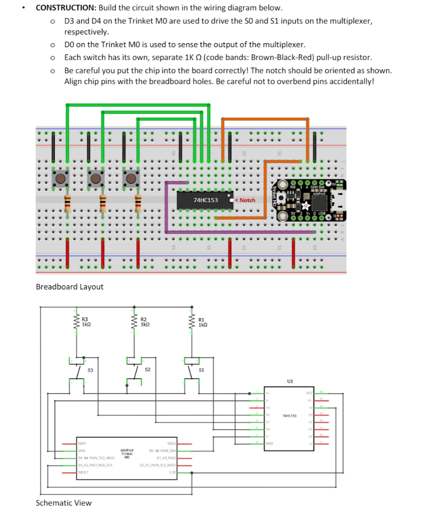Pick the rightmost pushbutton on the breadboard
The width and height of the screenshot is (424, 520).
tap(131, 178)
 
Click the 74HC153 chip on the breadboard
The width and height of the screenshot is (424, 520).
tap(205, 200)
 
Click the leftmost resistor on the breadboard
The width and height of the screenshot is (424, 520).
tap(66, 202)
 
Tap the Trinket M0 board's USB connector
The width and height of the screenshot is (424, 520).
tap(334, 200)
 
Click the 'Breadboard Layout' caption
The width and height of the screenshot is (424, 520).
tap(69, 287)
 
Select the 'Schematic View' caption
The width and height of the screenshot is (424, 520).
tap(64, 503)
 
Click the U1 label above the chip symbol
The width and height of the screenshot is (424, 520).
tap(290, 380)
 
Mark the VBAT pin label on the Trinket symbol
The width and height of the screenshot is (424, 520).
tap(83, 443)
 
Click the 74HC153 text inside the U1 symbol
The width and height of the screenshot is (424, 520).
tap(290, 415)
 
